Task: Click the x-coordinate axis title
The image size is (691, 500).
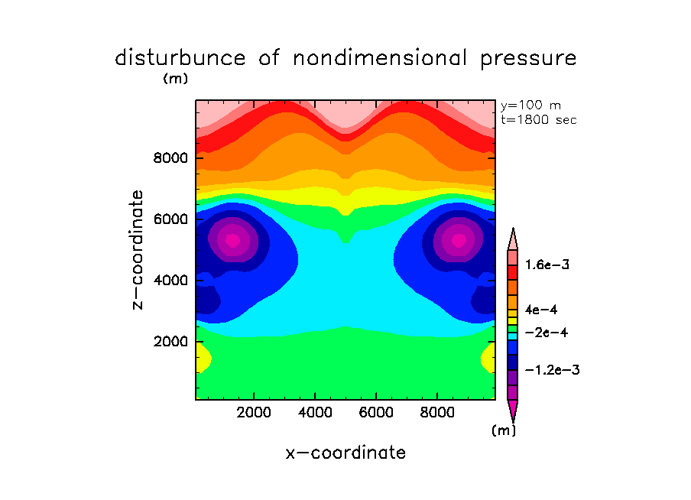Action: click(x=345, y=453)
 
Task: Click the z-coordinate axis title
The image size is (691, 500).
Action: click(x=138, y=249)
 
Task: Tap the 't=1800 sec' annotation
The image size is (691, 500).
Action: click(x=539, y=119)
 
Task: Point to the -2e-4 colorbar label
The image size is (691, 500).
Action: click(x=545, y=333)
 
